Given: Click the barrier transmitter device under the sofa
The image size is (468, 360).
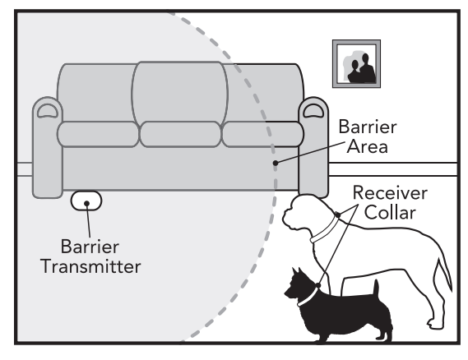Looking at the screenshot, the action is pyautogui.click(x=86, y=201).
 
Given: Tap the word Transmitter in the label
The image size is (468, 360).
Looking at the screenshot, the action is pyautogui.click(x=90, y=266).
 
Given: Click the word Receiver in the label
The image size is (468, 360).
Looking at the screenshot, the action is pyautogui.click(x=390, y=193).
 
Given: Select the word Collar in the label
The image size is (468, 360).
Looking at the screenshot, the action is pyautogui.click(x=390, y=213).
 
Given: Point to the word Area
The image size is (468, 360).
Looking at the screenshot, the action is pyautogui.click(x=368, y=146).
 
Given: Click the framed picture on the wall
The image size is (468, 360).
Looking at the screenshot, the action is pyautogui.click(x=356, y=64).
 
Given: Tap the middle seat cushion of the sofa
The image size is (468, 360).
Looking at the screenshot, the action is pyautogui.click(x=180, y=134).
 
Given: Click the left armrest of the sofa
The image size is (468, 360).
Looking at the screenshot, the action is pyautogui.click(x=48, y=147).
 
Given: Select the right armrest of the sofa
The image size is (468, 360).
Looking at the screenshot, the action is pyautogui.click(x=313, y=147).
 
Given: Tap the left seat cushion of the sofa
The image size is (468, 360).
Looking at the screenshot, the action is pyautogui.click(x=98, y=134).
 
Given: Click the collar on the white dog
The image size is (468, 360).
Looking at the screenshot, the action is pyautogui.click(x=326, y=229).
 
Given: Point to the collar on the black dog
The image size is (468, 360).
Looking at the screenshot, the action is pyautogui.click(x=308, y=296).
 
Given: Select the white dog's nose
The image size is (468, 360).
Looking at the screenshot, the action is pyautogui.click(x=284, y=218).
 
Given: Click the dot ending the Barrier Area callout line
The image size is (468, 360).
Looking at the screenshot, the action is pyautogui.click(x=276, y=163).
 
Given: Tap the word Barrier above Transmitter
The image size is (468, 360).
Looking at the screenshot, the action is pyautogui.click(x=90, y=247).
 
